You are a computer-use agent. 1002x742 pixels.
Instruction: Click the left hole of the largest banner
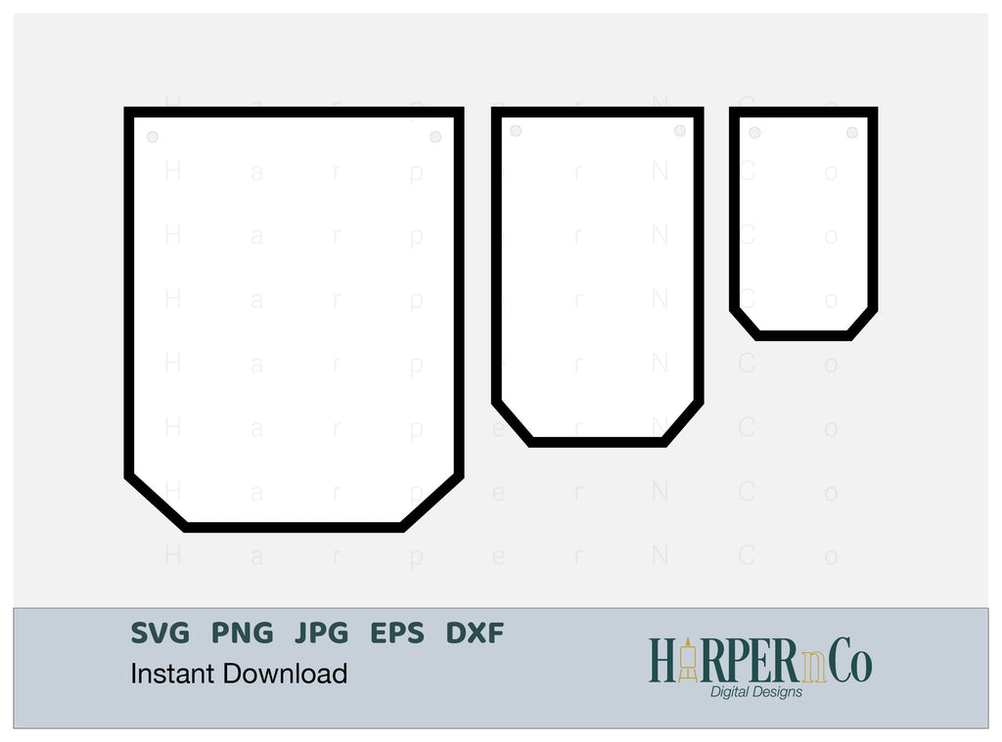pos(152,137)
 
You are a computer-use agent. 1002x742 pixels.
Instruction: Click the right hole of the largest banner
pos(435,137)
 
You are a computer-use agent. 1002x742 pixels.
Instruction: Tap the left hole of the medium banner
pos(516,131)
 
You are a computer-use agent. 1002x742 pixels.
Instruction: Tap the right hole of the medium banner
pos(680,131)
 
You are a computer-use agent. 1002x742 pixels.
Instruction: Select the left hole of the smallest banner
pos(754,132)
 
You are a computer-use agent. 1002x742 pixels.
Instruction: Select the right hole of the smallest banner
pos(852,132)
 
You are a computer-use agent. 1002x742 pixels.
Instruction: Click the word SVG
pos(160,633)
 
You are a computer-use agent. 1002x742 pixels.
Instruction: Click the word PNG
pos(243,633)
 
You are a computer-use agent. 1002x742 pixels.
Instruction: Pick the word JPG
pos(322,633)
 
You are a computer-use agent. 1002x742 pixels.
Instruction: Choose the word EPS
pos(398,633)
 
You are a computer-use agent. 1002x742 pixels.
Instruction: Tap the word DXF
pos(476,633)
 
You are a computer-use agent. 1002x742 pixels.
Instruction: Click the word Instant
pos(173,674)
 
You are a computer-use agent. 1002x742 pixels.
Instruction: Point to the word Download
pos(285,674)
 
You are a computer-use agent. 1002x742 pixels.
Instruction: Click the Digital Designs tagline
pos(755,692)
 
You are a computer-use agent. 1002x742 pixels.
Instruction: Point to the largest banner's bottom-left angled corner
pos(157,502)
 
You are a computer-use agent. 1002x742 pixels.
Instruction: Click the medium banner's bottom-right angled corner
pos(683,422)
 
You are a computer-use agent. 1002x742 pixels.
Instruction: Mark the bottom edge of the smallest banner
pos(803,335)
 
